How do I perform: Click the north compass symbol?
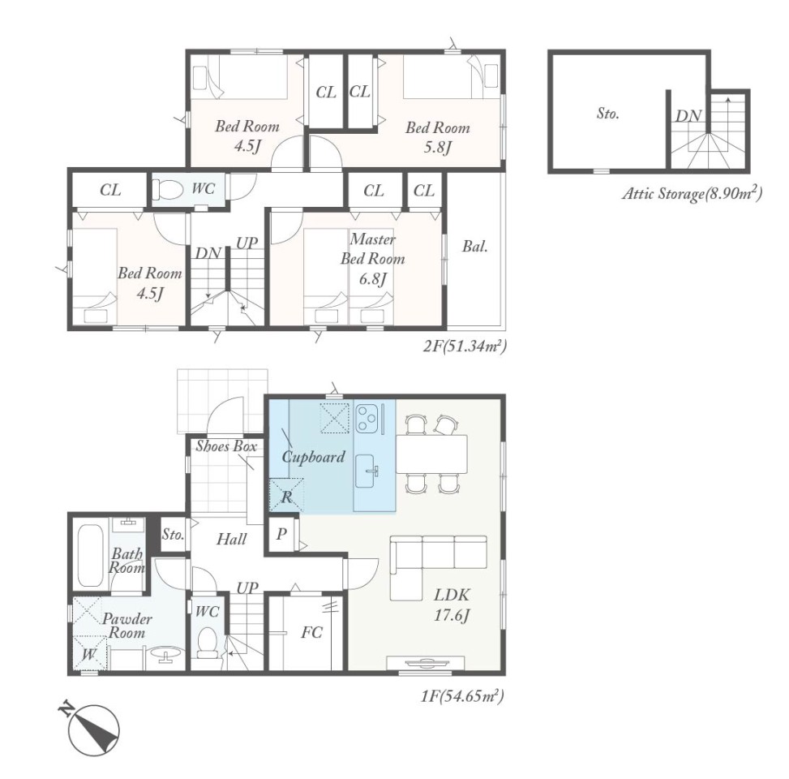click(93, 730)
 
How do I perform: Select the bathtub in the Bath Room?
click(91, 555)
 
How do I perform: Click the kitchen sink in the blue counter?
click(367, 471)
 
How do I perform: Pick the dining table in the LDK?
click(431, 454)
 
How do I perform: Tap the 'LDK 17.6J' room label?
click(452, 605)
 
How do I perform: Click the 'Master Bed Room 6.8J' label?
click(373, 259)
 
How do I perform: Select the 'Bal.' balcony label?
click(475, 247)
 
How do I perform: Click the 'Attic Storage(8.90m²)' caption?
click(693, 193)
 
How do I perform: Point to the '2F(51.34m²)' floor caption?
click(464, 346)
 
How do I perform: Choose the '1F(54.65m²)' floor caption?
click(462, 696)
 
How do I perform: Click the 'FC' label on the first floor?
click(311, 632)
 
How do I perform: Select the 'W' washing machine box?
click(90, 653)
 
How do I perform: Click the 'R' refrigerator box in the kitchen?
click(287, 496)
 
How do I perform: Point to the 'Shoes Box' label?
click(226, 446)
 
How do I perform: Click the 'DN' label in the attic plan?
click(688, 116)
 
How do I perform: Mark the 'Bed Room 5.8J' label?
click(438, 137)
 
